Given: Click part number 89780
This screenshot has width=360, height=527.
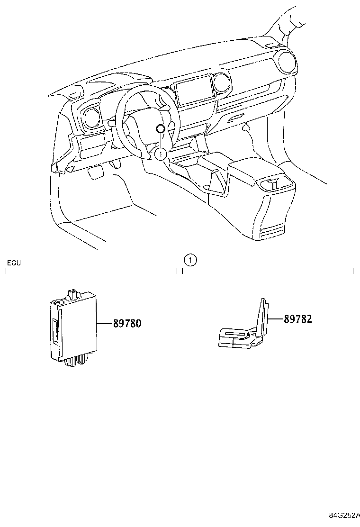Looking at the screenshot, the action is (127, 323).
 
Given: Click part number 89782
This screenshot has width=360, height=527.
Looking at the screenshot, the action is (298, 318).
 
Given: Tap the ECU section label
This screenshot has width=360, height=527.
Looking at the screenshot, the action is (14, 263).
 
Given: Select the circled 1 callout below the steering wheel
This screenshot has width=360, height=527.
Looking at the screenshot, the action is (161, 154).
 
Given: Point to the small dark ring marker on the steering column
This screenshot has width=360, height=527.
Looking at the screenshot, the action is (161, 128).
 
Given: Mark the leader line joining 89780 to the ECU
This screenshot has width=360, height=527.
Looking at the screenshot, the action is (105, 324).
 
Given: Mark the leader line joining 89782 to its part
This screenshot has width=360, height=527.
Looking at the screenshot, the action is (276, 318).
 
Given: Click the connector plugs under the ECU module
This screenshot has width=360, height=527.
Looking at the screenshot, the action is (77, 361).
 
